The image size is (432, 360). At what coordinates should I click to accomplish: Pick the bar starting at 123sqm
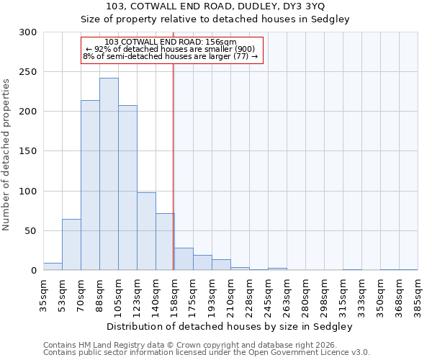146,231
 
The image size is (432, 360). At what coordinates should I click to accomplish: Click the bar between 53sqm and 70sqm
71,245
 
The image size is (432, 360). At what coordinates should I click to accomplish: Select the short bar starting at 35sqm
53,266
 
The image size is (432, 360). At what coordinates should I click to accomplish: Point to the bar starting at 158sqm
184,259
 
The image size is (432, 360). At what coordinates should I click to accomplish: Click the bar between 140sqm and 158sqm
165,242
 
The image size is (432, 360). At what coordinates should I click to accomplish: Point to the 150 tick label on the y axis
28,151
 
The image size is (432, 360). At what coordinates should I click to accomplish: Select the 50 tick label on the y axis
31,231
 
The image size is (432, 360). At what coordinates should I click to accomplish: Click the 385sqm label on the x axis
418,295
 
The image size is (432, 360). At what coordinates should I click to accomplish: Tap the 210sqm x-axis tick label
230,295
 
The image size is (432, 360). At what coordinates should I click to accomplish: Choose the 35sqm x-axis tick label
43,295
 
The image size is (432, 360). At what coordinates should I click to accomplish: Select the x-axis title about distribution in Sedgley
230,326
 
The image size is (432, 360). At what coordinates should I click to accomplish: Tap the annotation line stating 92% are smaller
171,49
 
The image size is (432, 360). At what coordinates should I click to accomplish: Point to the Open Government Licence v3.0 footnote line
207,353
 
